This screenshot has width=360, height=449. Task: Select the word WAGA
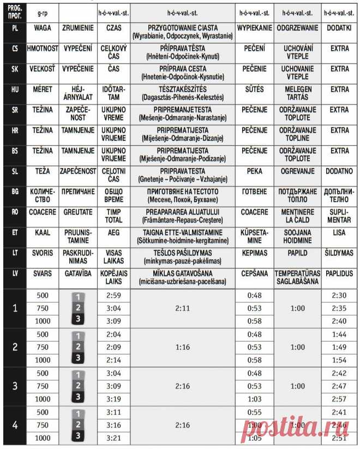pyautogui.click(x=42, y=27)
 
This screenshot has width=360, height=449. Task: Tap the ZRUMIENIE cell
pyautogui.click(x=79, y=27)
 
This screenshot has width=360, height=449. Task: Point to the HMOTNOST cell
pyautogui.click(x=42, y=49)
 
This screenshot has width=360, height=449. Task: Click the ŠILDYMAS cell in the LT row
pyautogui.click(x=339, y=253)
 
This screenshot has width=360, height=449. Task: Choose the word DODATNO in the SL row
pyautogui.click(x=339, y=171)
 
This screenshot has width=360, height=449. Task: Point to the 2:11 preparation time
pyautogui.click(x=183, y=308)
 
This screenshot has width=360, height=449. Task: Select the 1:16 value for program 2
pyautogui.click(x=183, y=347)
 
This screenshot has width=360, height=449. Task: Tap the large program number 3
pyautogui.click(x=14, y=386)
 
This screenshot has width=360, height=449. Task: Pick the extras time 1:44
pyautogui.click(x=339, y=334)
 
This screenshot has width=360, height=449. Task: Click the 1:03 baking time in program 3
pyautogui.click(x=254, y=399)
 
